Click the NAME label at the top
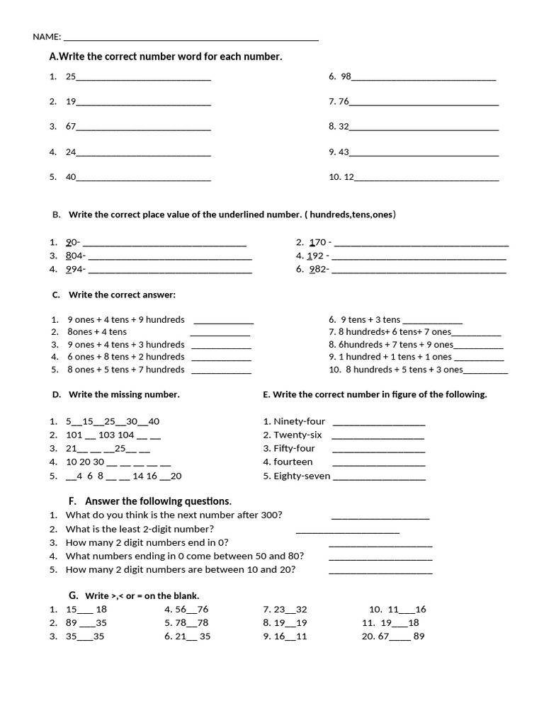(x=46, y=37)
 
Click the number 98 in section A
(x=346, y=76)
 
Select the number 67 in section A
(x=71, y=127)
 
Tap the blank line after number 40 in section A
(x=143, y=178)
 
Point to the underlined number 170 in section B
(x=317, y=243)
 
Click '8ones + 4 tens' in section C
(x=97, y=332)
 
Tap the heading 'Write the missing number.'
(x=124, y=394)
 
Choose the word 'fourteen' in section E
(x=293, y=462)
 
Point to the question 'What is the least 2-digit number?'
(x=140, y=529)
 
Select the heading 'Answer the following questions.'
(x=168, y=501)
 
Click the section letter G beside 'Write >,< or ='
(x=73, y=595)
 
